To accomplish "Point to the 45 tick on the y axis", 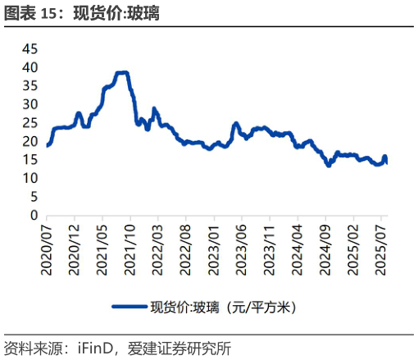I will tap(30, 48).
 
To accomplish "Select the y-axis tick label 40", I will tap(30, 67).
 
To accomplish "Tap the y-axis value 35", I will tap(30, 86).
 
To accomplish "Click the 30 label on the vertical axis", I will tap(30, 104).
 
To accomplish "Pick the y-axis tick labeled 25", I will tap(30, 123).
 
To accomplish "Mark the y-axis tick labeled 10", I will tap(30, 179).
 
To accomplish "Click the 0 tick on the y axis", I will tap(34, 216).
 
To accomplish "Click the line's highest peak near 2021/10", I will tap(122, 73).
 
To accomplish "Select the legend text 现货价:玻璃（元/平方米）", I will tap(222, 308).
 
